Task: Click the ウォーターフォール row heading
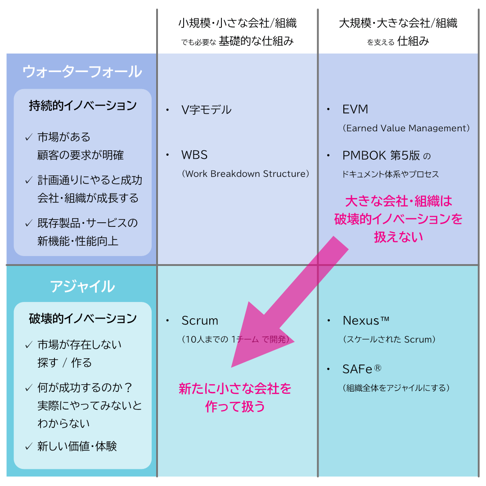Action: click(x=82, y=72)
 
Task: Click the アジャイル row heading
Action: click(x=82, y=287)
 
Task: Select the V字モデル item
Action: click(x=206, y=109)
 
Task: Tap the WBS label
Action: click(x=194, y=155)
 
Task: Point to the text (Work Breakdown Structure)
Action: click(x=246, y=174)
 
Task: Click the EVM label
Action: click(x=355, y=109)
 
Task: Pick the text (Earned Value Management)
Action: click(x=406, y=128)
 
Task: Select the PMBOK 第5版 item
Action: click(x=381, y=156)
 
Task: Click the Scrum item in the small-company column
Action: click(x=200, y=321)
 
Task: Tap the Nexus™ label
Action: click(x=366, y=321)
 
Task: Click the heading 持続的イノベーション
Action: click(x=83, y=106)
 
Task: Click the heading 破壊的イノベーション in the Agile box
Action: click(x=83, y=319)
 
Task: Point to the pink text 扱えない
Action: click(x=398, y=237)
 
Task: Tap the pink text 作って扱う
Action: click(x=235, y=406)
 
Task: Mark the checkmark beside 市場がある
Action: click(x=29, y=137)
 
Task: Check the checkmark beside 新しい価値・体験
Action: click(x=29, y=446)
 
